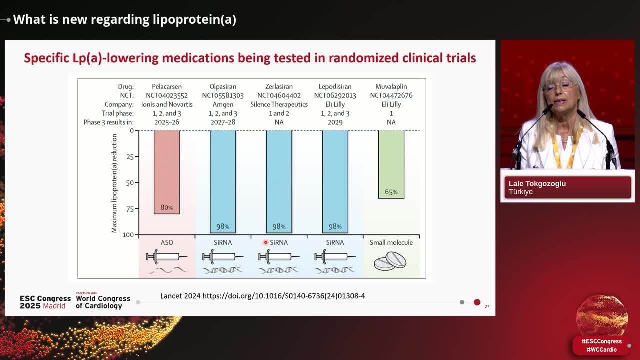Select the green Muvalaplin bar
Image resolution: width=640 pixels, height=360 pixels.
(x=391, y=160)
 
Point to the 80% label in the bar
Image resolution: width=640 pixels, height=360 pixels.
(x=167, y=207)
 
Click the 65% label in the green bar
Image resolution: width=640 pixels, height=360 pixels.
(x=391, y=192)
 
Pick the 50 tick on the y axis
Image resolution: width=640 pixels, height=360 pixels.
(x=129, y=183)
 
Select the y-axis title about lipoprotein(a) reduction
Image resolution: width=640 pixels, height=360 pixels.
(x=114, y=183)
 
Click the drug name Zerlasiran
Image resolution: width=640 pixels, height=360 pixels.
(x=279, y=86)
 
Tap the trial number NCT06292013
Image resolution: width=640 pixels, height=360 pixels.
(x=335, y=95)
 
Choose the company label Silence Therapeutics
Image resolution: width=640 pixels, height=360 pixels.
(x=279, y=104)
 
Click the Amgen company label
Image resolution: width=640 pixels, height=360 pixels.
(x=223, y=104)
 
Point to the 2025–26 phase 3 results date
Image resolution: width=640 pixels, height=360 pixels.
(x=167, y=122)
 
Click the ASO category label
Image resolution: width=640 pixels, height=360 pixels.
(x=167, y=242)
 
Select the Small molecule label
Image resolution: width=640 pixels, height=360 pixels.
(x=391, y=242)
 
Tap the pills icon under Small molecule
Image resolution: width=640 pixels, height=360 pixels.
(x=390, y=260)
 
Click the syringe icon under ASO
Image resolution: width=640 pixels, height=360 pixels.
(x=167, y=257)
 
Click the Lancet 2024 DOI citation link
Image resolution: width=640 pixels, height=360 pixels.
(x=262, y=296)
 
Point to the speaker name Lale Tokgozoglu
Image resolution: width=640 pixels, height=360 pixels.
(x=537, y=184)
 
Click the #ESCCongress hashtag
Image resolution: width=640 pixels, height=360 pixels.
(x=601, y=341)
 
